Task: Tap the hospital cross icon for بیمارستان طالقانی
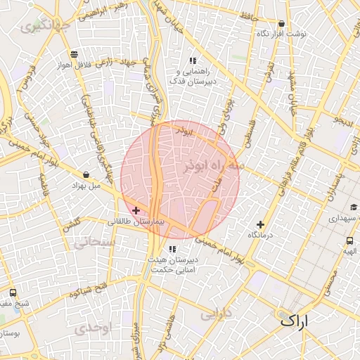(x=136, y=210)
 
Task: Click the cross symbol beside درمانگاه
(x=261, y=224)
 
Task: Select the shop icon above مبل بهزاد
(x=86, y=174)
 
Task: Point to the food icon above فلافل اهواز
(x=74, y=54)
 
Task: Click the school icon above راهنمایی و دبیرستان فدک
(x=192, y=60)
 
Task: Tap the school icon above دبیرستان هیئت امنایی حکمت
(x=172, y=249)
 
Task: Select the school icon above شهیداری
(x=353, y=207)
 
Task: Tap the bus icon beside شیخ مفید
(x=13, y=292)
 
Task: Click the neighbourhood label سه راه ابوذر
(x=212, y=166)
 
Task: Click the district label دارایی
(x=216, y=314)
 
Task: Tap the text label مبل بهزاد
(x=86, y=186)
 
